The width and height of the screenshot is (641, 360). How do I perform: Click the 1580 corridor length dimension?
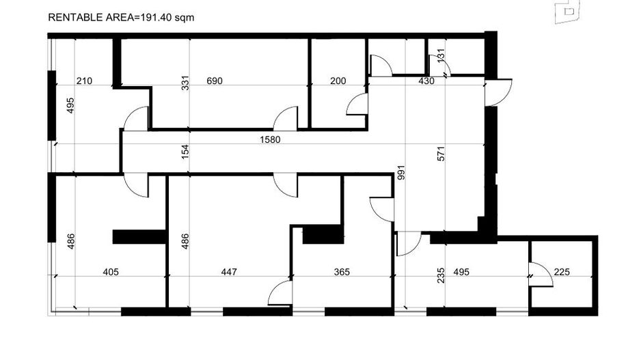[270, 140]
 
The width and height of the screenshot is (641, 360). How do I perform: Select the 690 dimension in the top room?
[215, 81]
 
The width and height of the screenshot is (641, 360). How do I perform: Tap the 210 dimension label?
[84, 81]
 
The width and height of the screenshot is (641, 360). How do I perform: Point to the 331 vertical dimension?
[185, 83]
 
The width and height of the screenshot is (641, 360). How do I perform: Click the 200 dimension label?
[338, 81]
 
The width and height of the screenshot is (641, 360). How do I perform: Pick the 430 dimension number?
[426, 81]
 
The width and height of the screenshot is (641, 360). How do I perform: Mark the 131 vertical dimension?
[441, 55]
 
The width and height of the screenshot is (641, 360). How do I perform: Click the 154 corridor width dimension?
[185, 152]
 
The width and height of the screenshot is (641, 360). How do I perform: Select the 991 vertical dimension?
[400, 173]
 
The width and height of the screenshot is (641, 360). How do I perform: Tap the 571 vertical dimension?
[441, 154]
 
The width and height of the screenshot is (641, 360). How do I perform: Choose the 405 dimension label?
[111, 272]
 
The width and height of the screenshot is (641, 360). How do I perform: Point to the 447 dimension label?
[229, 272]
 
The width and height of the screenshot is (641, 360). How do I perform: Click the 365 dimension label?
[342, 272]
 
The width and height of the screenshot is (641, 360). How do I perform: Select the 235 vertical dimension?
[441, 276]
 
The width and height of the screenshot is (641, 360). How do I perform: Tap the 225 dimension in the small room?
[562, 272]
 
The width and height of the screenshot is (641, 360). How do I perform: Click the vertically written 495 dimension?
[70, 105]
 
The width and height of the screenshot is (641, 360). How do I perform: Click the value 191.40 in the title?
[156, 18]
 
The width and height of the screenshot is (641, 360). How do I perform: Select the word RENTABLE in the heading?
[69, 18]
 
